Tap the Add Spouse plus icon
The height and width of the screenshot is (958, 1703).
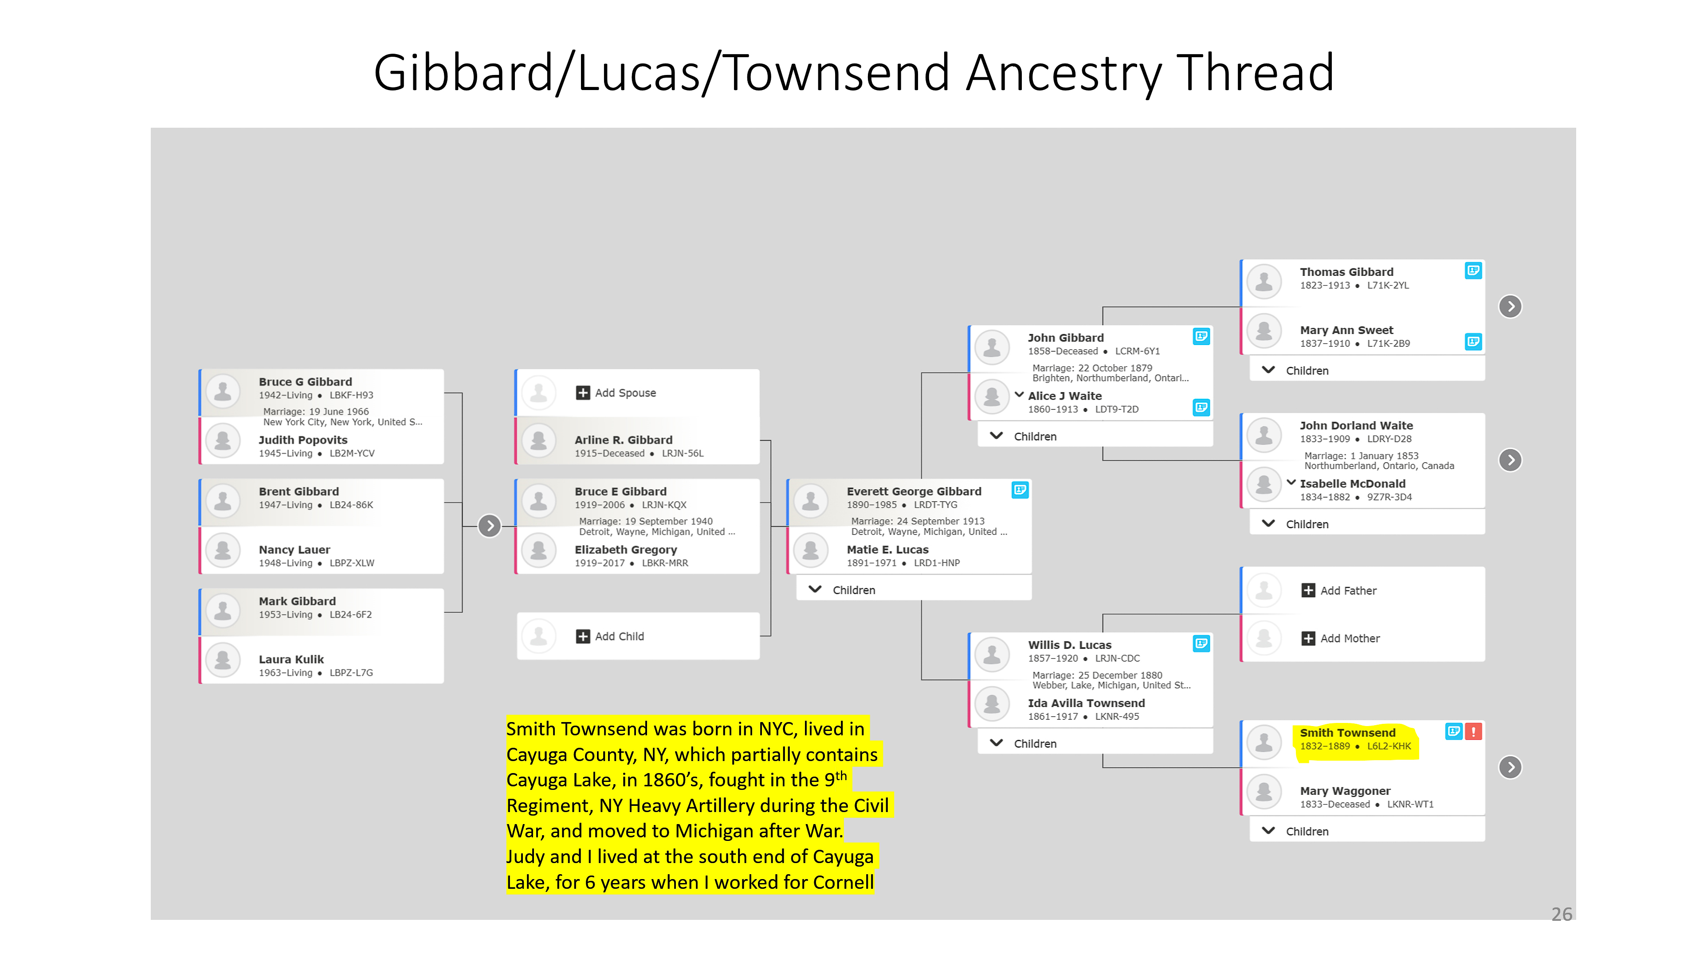(x=582, y=393)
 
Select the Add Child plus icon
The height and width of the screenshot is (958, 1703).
(x=582, y=636)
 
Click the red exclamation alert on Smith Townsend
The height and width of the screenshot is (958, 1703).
(x=1474, y=731)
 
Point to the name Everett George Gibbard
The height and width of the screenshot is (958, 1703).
(x=914, y=491)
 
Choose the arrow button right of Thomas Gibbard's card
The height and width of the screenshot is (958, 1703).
(x=1510, y=306)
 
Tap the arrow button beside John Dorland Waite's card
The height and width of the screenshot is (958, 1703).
(x=1510, y=460)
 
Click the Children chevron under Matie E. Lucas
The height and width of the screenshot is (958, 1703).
(x=815, y=589)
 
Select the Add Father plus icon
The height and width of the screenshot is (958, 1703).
(x=1308, y=590)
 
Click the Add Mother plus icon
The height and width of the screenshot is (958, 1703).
(x=1308, y=638)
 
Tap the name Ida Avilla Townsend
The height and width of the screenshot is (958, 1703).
(x=1086, y=703)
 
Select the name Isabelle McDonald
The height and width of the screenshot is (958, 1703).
(x=1353, y=483)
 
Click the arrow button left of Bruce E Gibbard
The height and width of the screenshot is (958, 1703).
(x=489, y=526)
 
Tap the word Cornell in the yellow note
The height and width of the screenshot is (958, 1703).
(x=843, y=883)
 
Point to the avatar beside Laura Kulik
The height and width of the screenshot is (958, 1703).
(x=223, y=660)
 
